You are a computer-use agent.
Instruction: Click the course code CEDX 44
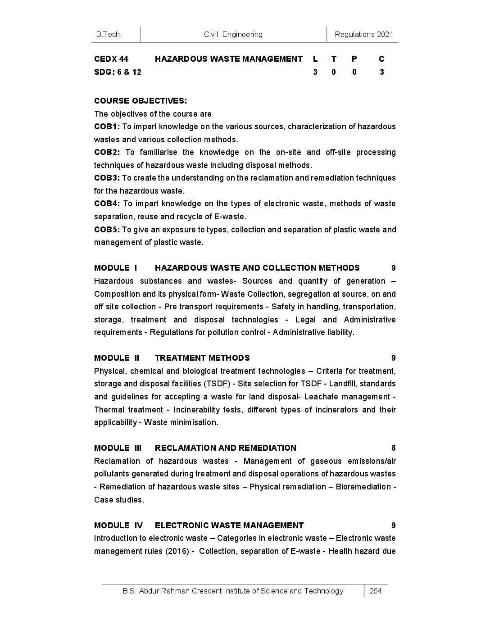tap(111, 59)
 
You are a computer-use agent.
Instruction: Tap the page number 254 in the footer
tap(375, 591)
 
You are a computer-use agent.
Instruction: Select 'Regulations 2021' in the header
tap(364, 34)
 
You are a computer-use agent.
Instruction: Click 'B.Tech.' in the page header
tap(109, 34)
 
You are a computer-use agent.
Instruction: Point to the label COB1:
tap(107, 127)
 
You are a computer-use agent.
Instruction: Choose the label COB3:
tap(107, 178)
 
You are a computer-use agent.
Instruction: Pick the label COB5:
tap(107, 230)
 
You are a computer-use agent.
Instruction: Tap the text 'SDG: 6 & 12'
tap(118, 72)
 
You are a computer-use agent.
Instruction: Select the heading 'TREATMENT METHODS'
tap(202, 358)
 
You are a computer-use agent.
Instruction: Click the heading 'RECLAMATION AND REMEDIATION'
tap(226, 448)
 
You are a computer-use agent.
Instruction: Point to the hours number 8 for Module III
tap(393, 448)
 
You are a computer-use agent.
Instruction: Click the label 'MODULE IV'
tap(118, 525)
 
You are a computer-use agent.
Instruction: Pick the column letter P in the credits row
tap(354, 59)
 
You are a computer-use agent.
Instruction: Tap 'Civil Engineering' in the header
tap(233, 34)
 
